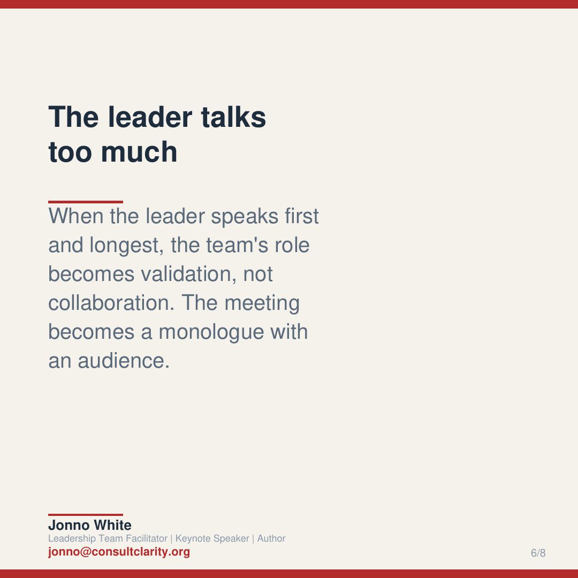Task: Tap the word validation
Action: pos(188,274)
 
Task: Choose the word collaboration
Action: pos(110,303)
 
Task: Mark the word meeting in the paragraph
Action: pos(262,303)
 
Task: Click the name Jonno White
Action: pos(89,526)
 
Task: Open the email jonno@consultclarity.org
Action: pos(119,552)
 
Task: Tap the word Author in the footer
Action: pos(271,538)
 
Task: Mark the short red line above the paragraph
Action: pos(86,202)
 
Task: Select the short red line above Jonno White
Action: pos(86,515)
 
